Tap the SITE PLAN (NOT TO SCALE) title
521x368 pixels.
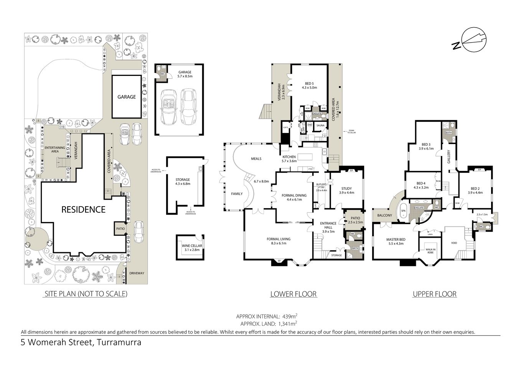coord(86,294)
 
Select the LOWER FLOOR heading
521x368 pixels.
coord(293,294)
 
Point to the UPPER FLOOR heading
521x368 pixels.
coord(434,294)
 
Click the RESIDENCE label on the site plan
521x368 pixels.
coord(83,209)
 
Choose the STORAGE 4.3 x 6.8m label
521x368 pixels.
coord(183,182)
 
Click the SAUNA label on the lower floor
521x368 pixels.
coord(320,125)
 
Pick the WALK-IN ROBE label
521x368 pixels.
coord(430,251)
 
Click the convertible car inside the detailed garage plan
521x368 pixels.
coord(168,107)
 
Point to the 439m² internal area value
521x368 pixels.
coord(290,316)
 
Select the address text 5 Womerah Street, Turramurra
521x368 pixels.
coord(81,342)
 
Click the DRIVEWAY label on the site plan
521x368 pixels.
coord(137,273)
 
